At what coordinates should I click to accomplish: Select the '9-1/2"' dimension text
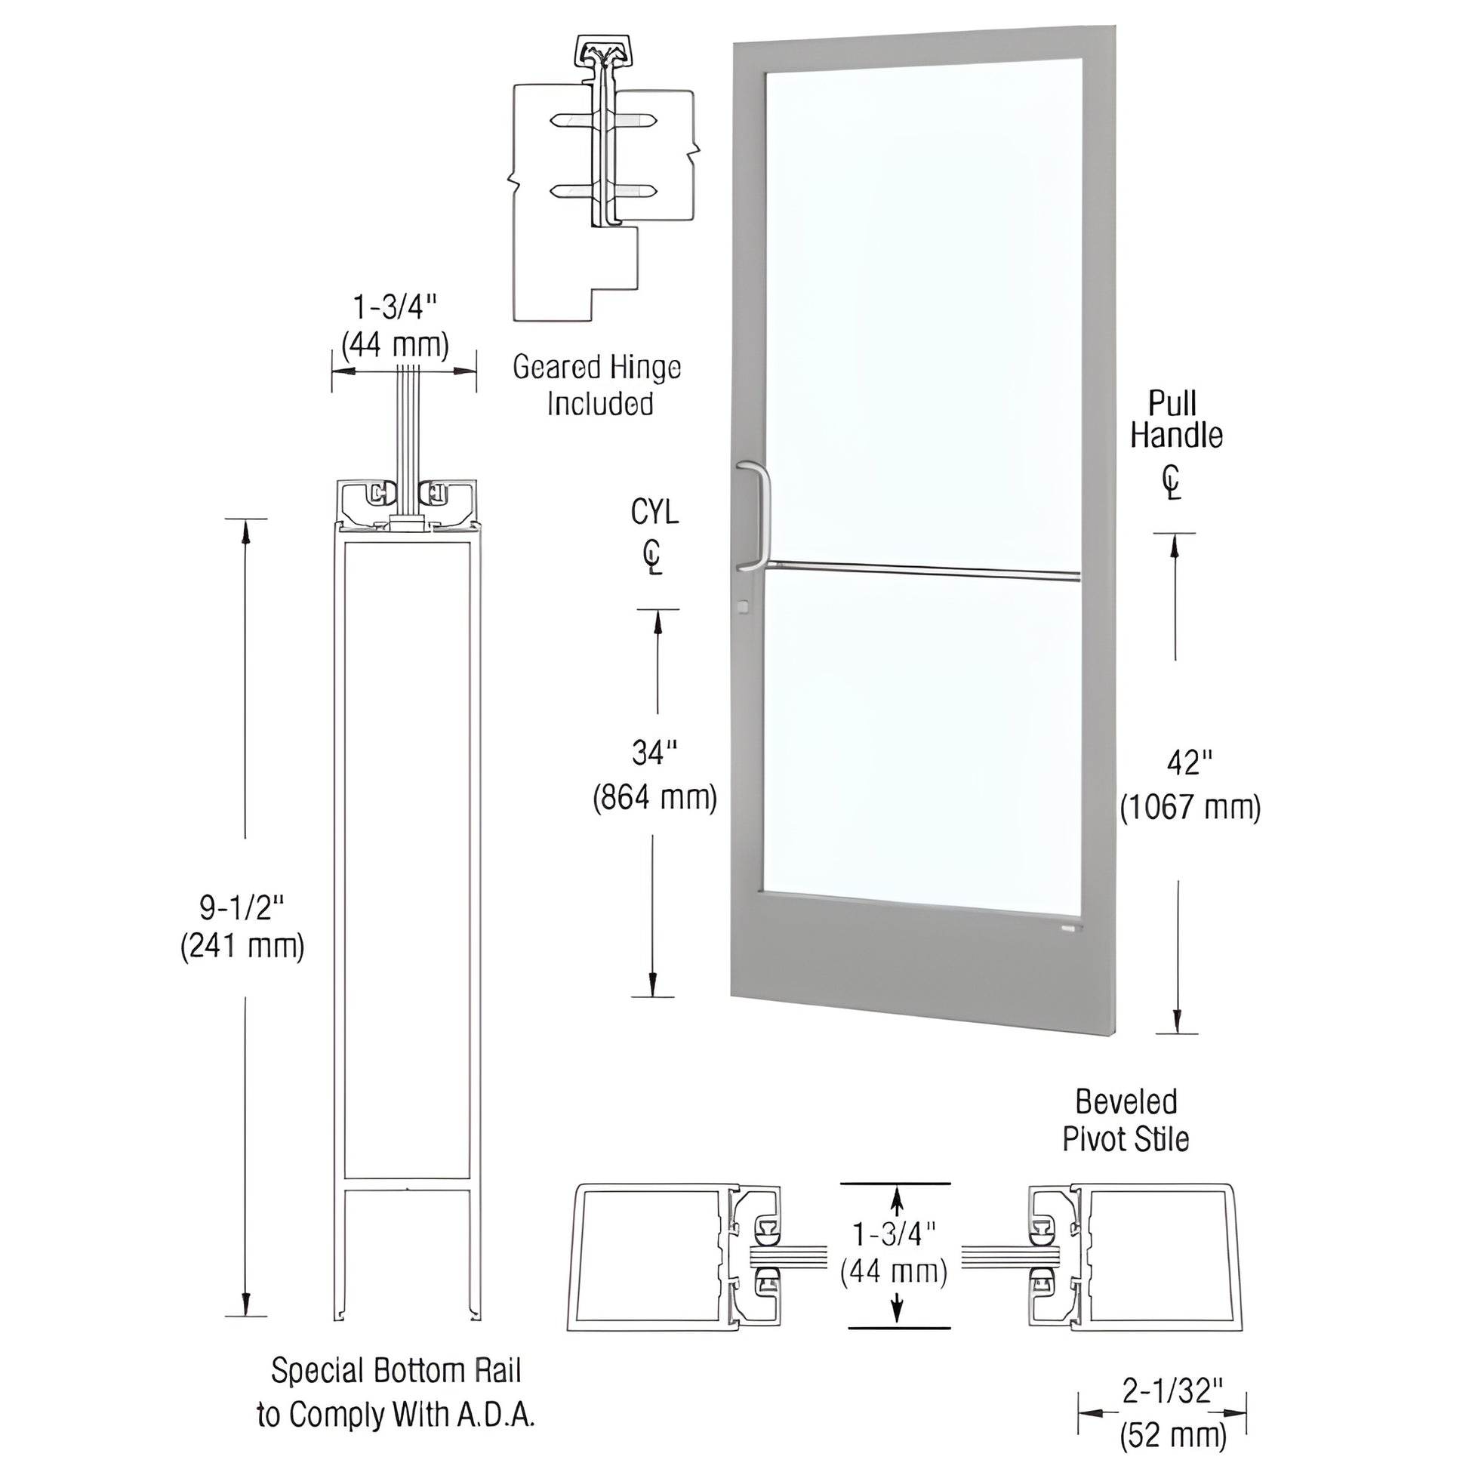(242, 907)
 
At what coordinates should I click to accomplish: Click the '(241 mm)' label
(242, 947)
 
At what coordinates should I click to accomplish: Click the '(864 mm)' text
(654, 797)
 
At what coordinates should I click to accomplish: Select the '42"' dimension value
(1189, 762)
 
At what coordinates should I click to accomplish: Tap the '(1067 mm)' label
(1190, 807)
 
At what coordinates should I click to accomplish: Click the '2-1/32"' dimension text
(1172, 1390)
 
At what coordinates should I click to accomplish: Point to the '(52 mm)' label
(1172, 1435)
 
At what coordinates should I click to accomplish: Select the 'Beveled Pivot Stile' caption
(1126, 1122)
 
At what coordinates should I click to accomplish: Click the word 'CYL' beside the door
(654, 513)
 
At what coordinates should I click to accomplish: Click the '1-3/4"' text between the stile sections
(895, 1233)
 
